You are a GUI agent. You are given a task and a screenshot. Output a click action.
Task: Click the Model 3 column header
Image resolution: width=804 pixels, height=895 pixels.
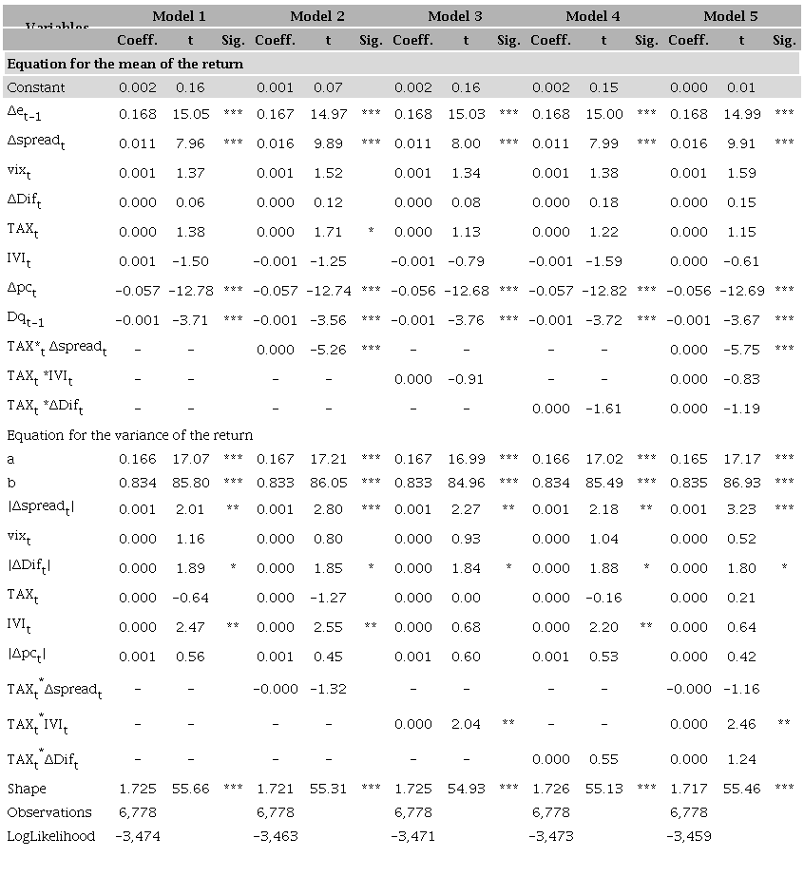point(454,16)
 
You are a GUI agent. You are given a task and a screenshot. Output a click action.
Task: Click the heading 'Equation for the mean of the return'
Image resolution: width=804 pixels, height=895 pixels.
point(125,64)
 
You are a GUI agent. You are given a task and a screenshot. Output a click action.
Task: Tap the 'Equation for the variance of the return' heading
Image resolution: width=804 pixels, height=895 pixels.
point(130,435)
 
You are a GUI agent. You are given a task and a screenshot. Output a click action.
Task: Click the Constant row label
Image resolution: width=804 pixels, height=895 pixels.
point(36,87)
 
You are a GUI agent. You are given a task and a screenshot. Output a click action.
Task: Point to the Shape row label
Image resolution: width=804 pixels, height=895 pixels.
point(27,789)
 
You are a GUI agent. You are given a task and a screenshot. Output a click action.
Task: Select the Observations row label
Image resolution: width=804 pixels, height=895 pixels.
point(49,812)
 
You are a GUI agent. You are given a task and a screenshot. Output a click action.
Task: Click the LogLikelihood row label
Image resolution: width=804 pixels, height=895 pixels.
point(51,836)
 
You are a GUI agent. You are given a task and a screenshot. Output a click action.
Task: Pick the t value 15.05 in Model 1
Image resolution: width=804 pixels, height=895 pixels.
point(190,114)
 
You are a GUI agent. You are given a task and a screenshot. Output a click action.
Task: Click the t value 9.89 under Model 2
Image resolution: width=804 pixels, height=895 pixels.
point(328,143)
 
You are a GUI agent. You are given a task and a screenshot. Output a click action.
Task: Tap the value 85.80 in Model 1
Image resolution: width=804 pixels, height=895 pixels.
point(190,483)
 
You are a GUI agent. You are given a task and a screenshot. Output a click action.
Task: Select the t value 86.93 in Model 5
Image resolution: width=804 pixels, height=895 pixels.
point(741,483)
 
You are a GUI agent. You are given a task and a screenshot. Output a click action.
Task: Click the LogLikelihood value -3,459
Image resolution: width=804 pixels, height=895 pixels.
point(689,836)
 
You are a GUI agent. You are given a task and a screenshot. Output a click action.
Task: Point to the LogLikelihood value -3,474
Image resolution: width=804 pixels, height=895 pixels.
point(138,836)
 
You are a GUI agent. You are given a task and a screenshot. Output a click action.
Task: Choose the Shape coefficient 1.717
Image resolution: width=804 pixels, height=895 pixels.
point(689,789)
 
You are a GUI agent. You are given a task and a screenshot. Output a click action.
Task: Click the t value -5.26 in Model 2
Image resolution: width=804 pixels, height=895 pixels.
point(328,350)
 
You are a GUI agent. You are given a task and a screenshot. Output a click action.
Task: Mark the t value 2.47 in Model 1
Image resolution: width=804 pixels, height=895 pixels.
point(190,627)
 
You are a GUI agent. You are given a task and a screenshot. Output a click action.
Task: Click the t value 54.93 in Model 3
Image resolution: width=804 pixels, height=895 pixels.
point(466,789)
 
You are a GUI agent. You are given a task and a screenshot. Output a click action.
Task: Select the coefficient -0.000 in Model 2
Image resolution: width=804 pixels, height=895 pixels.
point(276,689)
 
